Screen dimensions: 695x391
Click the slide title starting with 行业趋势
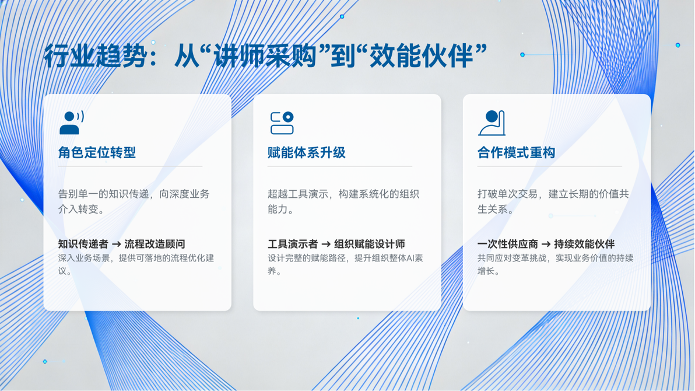(x=265, y=56)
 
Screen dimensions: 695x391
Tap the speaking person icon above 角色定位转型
(x=72, y=123)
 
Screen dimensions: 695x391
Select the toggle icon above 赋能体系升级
(x=282, y=123)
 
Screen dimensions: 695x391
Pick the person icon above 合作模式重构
(x=492, y=123)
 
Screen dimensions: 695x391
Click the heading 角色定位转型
(x=97, y=153)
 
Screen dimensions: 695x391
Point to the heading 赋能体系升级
(x=306, y=153)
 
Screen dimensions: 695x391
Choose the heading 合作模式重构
(x=516, y=153)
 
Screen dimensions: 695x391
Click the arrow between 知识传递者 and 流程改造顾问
(x=117, y=244)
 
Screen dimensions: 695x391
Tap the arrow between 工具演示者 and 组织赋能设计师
(x=327, y=244)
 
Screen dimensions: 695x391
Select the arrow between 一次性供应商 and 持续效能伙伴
(x=546, y=244)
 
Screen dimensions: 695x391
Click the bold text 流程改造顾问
(x=155, y=244)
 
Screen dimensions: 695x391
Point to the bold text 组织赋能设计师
(x=369, y=244)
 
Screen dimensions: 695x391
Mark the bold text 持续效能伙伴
(x=584, y=244)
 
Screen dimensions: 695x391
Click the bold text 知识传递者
(x=83, y=244)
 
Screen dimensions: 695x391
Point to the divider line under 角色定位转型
(x=131, y=166)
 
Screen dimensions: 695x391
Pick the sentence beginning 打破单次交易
(x=553, y=201)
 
